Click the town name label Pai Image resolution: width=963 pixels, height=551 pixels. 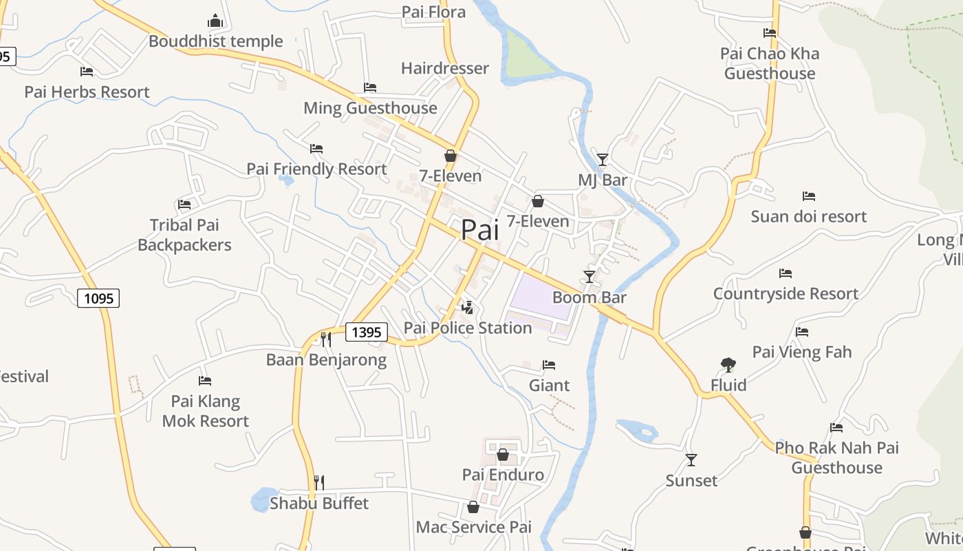point(479,230)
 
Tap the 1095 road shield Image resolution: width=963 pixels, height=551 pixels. point(98,298)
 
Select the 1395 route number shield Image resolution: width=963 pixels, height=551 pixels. point(366,332)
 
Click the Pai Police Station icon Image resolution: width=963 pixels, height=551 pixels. point(468,307)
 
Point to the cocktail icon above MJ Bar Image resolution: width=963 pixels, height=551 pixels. point(603,160)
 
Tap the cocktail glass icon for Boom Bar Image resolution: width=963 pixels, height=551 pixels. point(589,277)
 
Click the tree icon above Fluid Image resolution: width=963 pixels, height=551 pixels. point(728,365)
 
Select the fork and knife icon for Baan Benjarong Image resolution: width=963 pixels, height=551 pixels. point(326,339)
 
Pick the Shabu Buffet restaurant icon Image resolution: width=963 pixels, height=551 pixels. point(319,482)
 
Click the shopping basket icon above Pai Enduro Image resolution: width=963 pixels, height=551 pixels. point(503,455)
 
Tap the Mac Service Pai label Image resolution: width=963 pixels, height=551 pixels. point(474,528)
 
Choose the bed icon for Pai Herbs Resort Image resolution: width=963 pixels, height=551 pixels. point(87,71)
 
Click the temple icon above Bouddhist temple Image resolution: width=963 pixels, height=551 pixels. point(216,21)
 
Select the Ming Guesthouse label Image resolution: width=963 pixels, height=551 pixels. point(370,108)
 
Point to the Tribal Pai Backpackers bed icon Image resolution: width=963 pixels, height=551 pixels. point(184,204)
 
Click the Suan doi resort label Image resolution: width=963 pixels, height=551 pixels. point(808,216)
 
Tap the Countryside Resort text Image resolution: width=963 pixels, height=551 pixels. point(786,293)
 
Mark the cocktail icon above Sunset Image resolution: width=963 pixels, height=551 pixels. point(691,459)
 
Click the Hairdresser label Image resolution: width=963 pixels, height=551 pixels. point(445,68)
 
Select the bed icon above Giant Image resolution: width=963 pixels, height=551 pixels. point(549,365)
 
